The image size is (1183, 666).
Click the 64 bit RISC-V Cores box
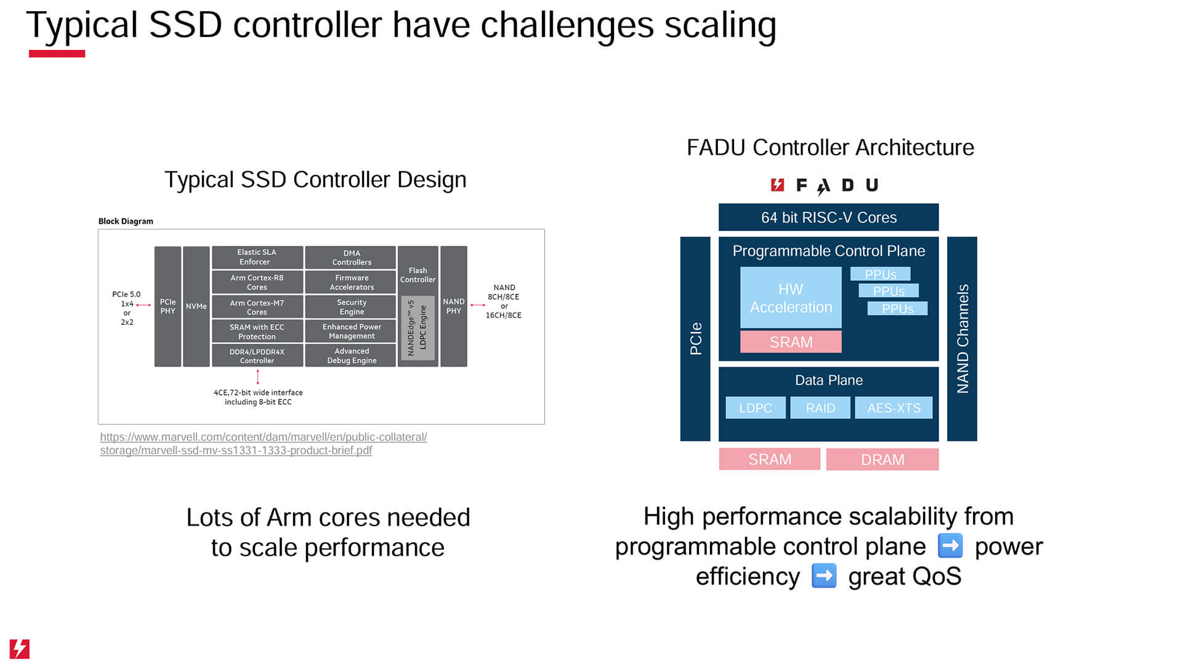[828, 217]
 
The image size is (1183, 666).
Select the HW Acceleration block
[791, 298]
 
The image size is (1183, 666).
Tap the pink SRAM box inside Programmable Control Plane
[791, 342]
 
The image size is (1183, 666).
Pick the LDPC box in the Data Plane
[755, 408]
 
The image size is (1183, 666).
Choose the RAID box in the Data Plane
[820, 408]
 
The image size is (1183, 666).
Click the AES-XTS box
[894, 408]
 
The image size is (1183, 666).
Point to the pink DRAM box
[882, 460]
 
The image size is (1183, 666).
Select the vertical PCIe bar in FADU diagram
[695, 339]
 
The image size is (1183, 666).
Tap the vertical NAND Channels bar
[962, 339]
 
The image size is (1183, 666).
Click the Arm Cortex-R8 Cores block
[257, 282]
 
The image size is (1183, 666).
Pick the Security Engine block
[351, 307]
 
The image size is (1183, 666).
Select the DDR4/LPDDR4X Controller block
[257, 356]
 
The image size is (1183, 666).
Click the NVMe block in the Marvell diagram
[196, 306]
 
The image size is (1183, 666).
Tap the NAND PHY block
[453, 306]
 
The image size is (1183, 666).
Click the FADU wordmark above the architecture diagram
[825, 185]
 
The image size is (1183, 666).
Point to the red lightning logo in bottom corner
[20, 649]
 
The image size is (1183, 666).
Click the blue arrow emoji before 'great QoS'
[823, 577]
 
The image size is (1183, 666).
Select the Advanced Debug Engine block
[351, 355]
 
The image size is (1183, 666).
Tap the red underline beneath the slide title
[57, 54]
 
